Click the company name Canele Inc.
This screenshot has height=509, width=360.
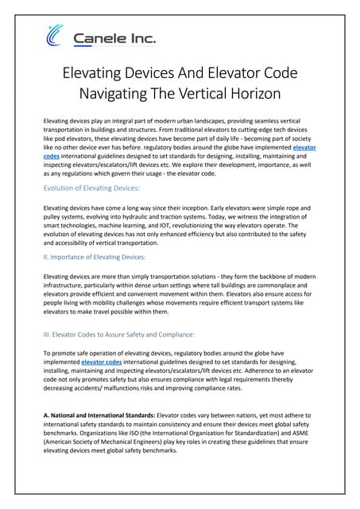click(x=114, y=37)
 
